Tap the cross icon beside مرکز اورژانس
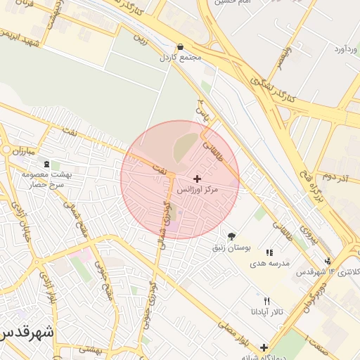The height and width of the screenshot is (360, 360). (x=197, y=179)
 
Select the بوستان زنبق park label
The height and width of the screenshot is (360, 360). (x=231, y=248)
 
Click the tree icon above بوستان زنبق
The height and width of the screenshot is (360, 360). (x=231, y=237)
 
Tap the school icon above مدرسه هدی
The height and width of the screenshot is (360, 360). (x=269, y=252)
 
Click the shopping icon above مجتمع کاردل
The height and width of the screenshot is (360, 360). (x=181, y=46)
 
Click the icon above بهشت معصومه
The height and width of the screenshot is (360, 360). (x=47, y=165)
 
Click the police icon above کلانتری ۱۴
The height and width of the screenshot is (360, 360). (x=328, y=262)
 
